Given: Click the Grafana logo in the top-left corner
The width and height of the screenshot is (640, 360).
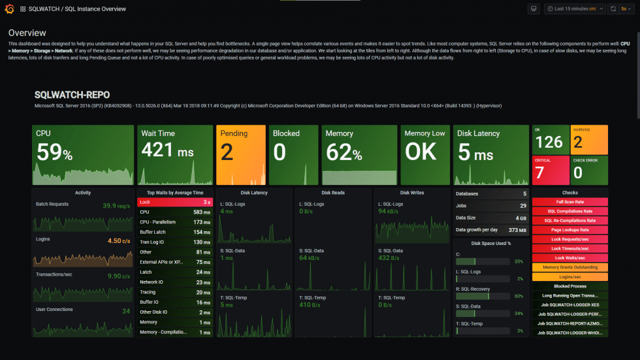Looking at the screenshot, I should (x=8, y=9).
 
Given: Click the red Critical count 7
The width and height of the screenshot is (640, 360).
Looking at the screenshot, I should (x=539, y=172).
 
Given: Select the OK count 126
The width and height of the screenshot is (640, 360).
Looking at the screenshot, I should (x=549, y=142).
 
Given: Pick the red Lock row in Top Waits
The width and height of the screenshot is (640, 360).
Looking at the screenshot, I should (x=174, y=202).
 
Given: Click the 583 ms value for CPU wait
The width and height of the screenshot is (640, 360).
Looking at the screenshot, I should (x=201, y=212).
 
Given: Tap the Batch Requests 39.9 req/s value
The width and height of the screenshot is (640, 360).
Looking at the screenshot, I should (x=116, y=206).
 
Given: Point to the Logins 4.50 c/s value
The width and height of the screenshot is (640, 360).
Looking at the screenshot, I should (x=118, y=240).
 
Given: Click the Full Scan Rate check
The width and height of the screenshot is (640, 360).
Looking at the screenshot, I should (x=569, y=202).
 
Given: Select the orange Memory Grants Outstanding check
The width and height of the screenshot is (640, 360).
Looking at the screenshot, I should (x=569, y=267).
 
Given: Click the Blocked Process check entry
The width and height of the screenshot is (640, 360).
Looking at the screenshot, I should (x=569, y=286).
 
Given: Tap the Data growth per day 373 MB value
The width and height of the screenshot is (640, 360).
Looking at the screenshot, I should (x=517, y=230).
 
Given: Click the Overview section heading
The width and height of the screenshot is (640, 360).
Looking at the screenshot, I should (x=27, y=33).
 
